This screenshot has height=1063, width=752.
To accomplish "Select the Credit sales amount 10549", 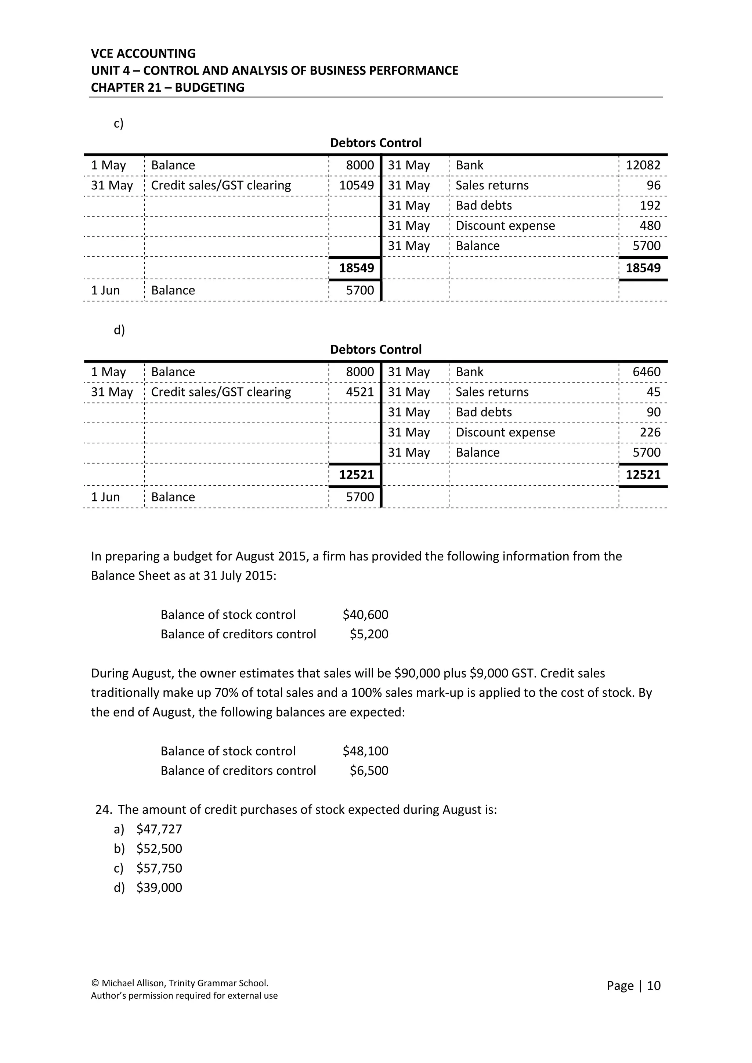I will (x=356, y=186).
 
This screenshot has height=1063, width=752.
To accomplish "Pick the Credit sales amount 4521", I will (x=359, y=392).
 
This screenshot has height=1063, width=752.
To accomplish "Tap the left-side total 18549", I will (x=356, y=268).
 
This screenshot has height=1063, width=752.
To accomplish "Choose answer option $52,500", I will (x=159, y=849).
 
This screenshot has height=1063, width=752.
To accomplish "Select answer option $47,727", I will (x=159, y=829).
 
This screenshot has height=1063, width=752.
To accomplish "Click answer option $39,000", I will (x=159, y=888).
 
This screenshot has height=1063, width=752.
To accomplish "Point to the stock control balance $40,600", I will (x=365, y=615).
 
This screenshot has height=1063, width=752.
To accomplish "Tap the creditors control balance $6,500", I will (x=369, y=770).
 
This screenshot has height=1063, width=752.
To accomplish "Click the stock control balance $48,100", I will (x=365, y=751).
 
